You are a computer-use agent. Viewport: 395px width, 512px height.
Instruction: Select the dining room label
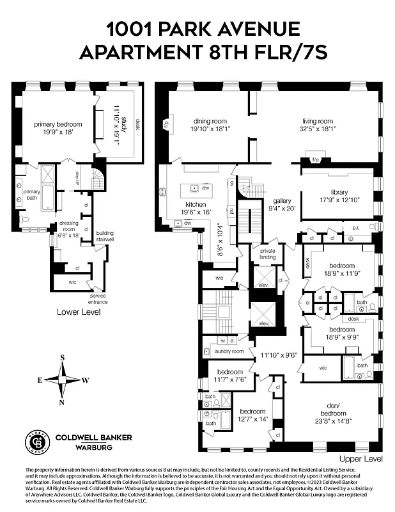click(x=212, y=120)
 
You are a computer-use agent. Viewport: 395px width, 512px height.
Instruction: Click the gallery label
click(x=282, y=200)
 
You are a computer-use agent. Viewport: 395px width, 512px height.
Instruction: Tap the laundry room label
click(x=228, y=351)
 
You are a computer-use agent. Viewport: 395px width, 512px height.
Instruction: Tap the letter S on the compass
click(x=62, y=357)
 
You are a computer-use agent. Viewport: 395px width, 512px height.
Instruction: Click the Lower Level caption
click(x=79, y=312)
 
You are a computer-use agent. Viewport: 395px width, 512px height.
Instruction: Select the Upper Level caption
click(x=361, y=458)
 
